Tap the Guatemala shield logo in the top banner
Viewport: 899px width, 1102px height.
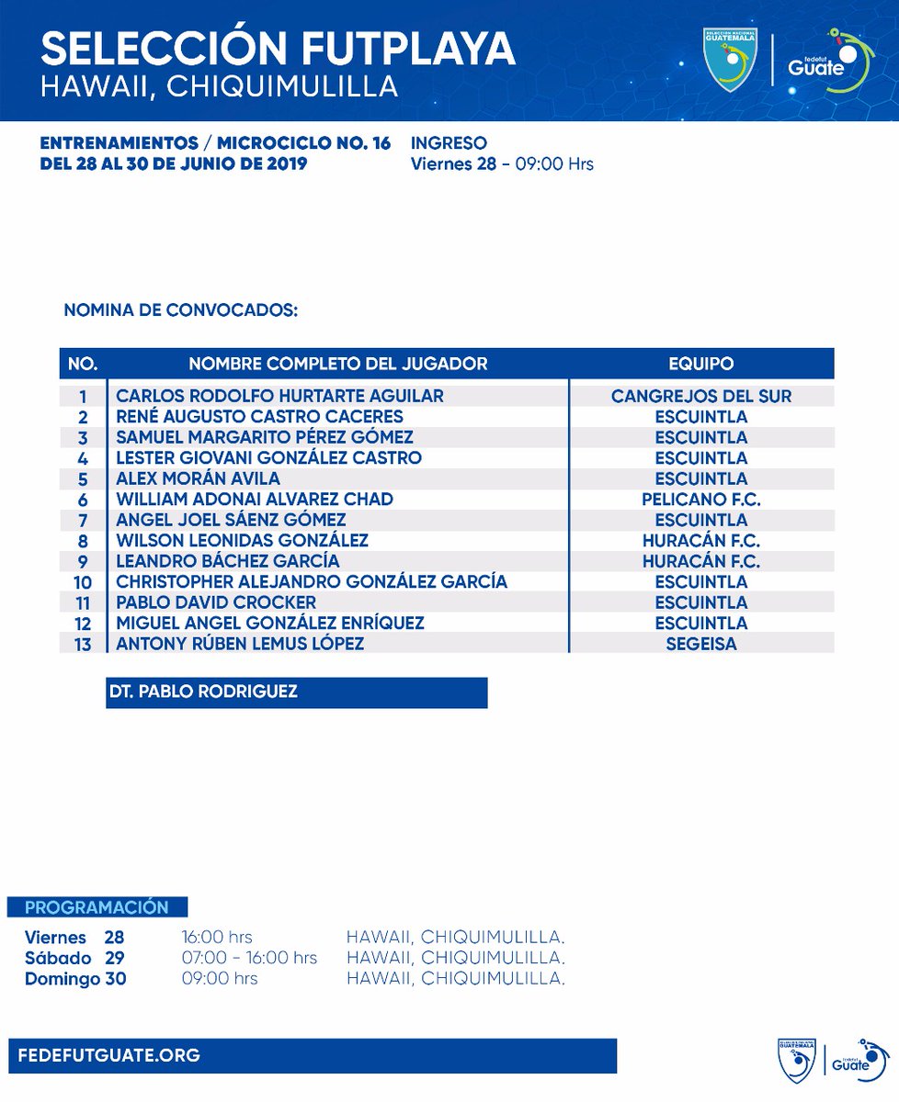pyautogui.click(x=730, y=59)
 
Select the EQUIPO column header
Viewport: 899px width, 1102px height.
pyautogui.click(x=701, y=364)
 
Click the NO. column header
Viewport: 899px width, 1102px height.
pyautogui.click(x=83, y=364)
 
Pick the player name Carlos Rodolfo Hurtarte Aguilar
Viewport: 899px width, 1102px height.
pyautogui.click(x=279, y=396)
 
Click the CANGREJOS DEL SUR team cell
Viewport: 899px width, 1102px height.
pyautogui.click(x=701, y=396)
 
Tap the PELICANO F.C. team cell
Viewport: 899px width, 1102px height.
pyautogui.click(x=701, y=500)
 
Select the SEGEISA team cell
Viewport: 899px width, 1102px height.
pyautogui.click(x=701, y=644)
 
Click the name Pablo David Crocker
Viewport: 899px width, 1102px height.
pyautogui.click(x=216, y=602)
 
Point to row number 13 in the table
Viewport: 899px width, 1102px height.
pyautogui.click(x=83, y=644)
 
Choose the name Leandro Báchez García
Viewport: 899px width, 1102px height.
pyautogui.click(x=228, y=561)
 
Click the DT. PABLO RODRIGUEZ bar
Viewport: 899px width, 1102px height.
pyautogui.click(x=296, y=692)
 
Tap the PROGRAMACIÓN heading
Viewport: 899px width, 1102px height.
pyautogui.click(x=97, y=907)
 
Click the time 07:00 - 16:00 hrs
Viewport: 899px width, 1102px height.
pyautogui.click(x=250, y=958)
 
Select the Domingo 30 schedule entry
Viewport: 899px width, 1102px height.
pyautogui.click(x=75, y=979)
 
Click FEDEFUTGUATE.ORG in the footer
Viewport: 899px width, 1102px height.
pyautogui.click(x=108, y=1055)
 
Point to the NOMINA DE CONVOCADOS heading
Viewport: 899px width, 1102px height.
pyautogui.click(x=180, y=310)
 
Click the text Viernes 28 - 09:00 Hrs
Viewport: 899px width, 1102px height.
pyautogui.click(x=502, y=164)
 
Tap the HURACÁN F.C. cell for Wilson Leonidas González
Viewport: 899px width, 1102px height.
pyautogui.click(x=701, y=541)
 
